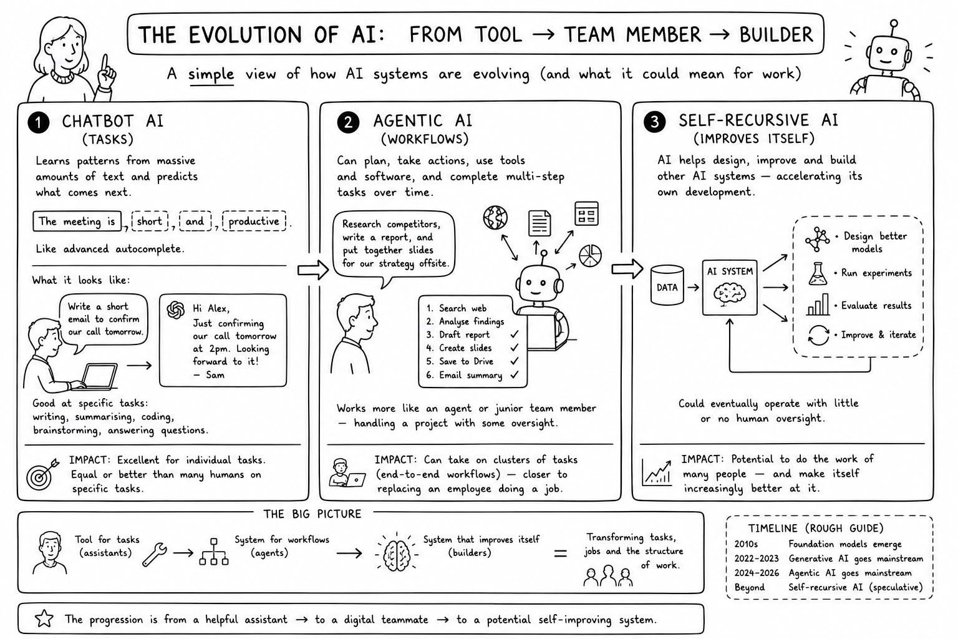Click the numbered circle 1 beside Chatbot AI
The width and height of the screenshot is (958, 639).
[x=39, y=123]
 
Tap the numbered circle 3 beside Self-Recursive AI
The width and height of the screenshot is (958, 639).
[x=655, y=122]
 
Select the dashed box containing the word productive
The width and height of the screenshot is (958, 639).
[x=254, y=222]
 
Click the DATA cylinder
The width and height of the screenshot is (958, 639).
[x=667, y=285]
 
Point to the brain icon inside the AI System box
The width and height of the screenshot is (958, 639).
[x=730, y=295]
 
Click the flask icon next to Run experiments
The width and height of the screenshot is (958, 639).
[x=818, y=274]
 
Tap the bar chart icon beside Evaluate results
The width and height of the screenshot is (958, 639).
[x=818, y=305]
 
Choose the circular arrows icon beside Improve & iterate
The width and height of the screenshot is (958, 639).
[x=818, y=335]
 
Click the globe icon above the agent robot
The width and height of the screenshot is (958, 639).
[x=495, y=217]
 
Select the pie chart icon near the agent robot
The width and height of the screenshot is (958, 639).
[x=590, y=256]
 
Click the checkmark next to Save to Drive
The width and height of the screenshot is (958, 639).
[x=515, y=361]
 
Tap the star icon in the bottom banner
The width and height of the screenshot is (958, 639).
[x=44, y=619]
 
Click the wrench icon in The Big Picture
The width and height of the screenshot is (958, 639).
[x=155, y=555]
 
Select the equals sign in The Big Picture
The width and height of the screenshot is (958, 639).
[x=560, y=554]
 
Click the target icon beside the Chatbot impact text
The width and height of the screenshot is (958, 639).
[x=42, y=474]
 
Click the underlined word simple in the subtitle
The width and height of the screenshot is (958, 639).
[x=211, y=74]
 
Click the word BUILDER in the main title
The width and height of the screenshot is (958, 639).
[x=777, y=35]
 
